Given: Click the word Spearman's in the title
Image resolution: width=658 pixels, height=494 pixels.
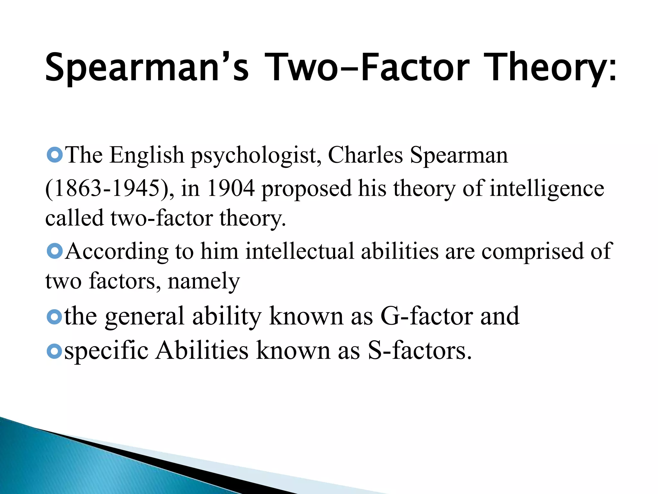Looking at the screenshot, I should pos(147,67).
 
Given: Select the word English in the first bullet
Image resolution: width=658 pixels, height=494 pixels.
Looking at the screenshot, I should pos(147,156).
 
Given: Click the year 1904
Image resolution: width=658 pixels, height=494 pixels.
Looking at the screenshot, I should pos(231,188).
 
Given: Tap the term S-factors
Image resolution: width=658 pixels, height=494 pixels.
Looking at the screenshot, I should pos(420,350).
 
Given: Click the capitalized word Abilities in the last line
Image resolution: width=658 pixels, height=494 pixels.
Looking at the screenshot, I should pos(202,350).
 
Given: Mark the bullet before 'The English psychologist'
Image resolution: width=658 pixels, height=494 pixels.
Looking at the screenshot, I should pos(54,155).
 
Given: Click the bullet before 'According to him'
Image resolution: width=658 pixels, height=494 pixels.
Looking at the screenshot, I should pos(54,251).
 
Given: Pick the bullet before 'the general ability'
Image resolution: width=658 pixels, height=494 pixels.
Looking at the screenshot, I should pos(54,317).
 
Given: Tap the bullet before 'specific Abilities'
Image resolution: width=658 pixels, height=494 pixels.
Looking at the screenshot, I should pos(54,351).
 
